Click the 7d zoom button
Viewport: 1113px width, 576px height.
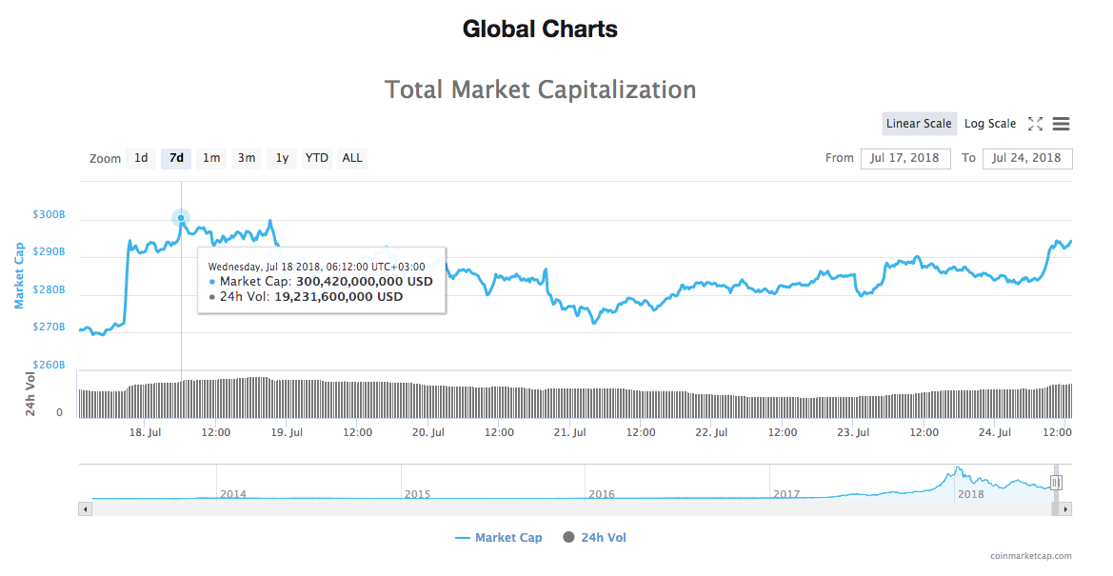point(176,158)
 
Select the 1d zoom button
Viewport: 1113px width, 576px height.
point(141,158)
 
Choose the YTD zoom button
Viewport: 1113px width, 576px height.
point(317,158)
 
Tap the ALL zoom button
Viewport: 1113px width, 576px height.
point(352,158)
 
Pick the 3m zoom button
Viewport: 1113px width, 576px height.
point(247,158)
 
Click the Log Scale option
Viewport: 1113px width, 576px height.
point(990,124)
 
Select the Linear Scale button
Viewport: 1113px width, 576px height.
point(919,124)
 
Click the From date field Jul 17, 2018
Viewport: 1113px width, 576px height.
point(905,158)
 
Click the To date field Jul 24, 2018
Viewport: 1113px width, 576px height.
point(1027,158)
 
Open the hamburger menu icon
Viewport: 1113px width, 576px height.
point(1062,124)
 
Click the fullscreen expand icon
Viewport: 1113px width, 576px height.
point(1036,124)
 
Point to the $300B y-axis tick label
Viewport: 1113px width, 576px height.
point(49,215)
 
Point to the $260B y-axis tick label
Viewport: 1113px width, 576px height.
point(49,366)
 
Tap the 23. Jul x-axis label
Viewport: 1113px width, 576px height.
point(852,432)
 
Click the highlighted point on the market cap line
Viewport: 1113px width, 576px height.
point(181,218)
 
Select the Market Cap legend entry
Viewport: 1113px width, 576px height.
point(499,538)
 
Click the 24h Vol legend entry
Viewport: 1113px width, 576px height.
point(595,538)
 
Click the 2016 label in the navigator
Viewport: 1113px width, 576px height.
point(602,494)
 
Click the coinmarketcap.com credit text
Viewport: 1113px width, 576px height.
point(1030,557)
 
